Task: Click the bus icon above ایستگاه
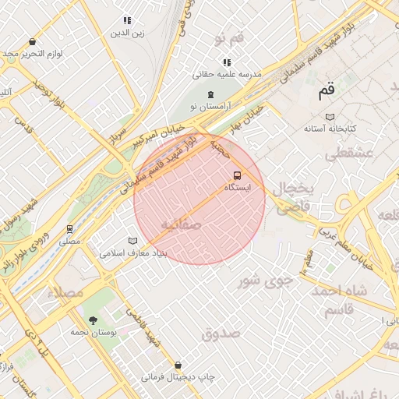[x=238, y=175]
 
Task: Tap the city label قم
[x=327, y=90]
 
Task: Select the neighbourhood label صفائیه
[x=181, y=224]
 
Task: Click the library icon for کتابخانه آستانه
[x=330, y=115]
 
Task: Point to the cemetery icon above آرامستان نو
[x=210, y=94]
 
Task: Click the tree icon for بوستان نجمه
[x=94, y=320]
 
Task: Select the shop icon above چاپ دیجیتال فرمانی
[x=178, y=365]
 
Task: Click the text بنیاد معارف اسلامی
[x=132, y=253]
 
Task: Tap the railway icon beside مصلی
[x=70, y=229]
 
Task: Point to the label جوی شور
[x=266, y=280]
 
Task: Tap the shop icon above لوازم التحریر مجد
[x=32, y=42]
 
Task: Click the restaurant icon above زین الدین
[x=127, y=20]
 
